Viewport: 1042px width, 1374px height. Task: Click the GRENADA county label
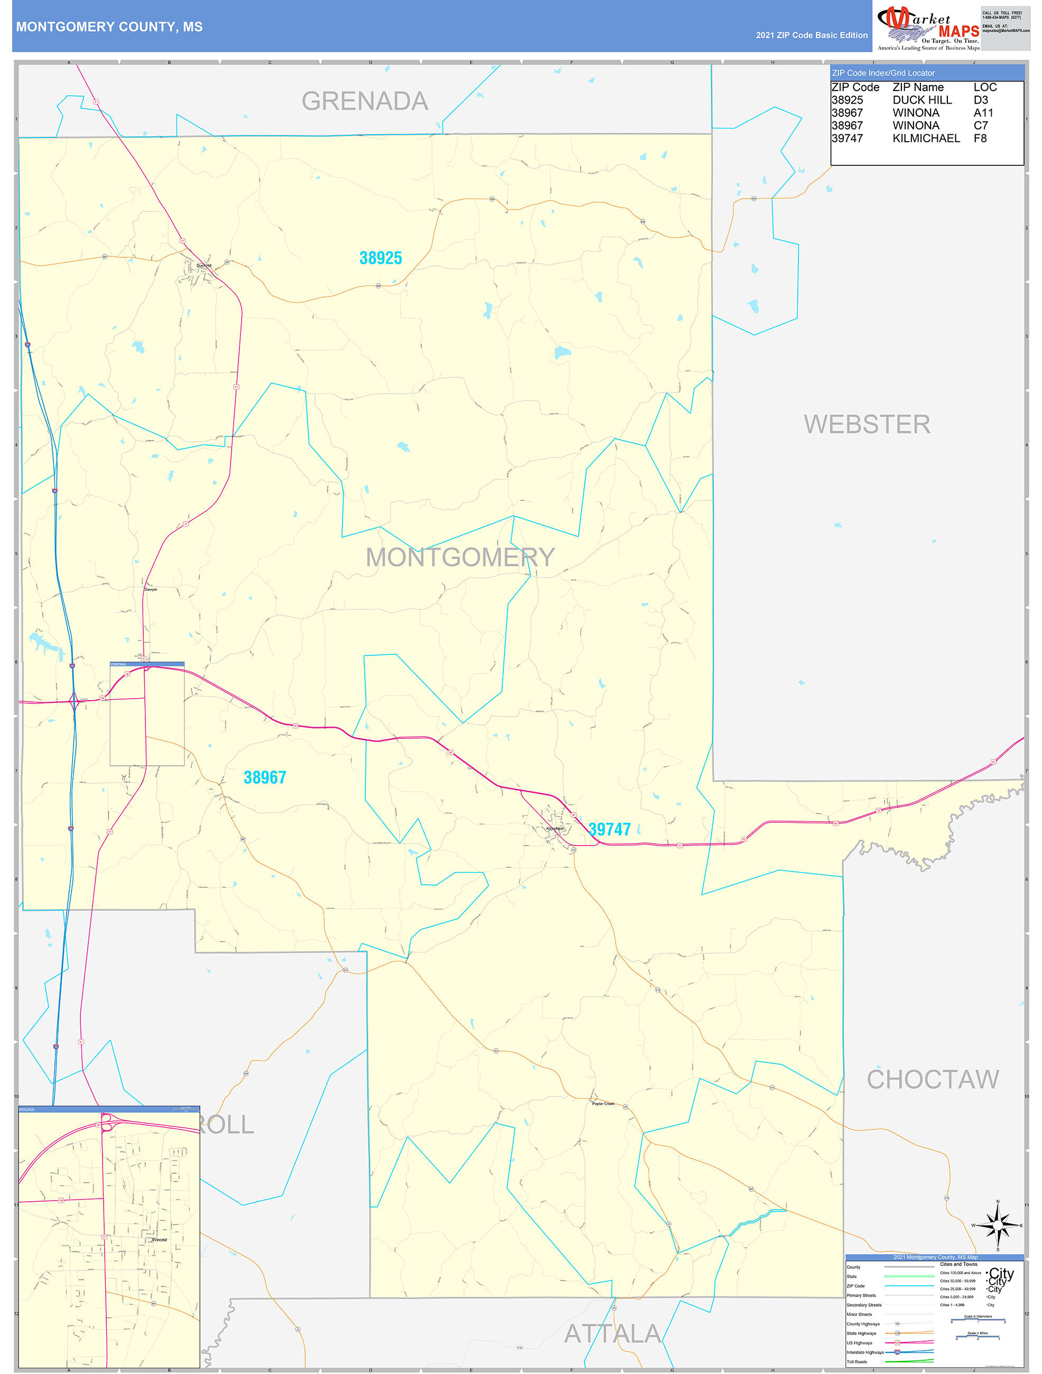tap(365, 101)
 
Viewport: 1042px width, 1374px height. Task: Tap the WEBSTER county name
tap(867, 425)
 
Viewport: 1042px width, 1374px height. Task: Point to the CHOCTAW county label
tap(933, 1080)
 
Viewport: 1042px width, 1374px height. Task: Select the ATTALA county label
tap(613, 1334)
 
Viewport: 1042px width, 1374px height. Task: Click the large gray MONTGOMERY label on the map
tap(460, 557)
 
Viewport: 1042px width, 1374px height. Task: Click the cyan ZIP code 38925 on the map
tap(381, 258)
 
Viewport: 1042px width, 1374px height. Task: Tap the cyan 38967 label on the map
tap(265, 778)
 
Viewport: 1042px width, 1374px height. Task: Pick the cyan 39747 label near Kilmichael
tap(610, 829)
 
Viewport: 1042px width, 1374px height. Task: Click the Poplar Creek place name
tap(603, 1104)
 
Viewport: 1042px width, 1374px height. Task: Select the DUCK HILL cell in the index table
tap(922, 100)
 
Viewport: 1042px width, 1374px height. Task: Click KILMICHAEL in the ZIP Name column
tap(926, 138)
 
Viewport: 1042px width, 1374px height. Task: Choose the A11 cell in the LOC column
tap(983, 113)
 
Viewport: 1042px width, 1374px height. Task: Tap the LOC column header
tap(985, 88)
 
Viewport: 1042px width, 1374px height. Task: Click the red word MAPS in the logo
tap(959, 31)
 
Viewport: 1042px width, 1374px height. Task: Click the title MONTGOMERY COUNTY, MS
tap(109, 27)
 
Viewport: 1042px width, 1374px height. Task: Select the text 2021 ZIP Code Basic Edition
tap(812, 35)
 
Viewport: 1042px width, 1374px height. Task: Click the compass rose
tap(997, 1225)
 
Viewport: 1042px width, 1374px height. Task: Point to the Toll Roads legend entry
tap(857, 1361)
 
